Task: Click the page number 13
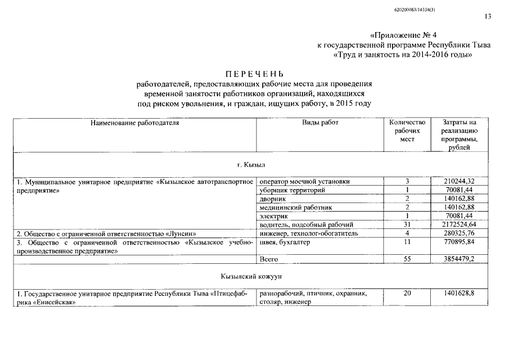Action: pos(488,16)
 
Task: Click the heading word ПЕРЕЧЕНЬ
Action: pos(255,74)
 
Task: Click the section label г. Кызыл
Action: pos(251,165)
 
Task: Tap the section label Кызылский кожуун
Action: pos(251,277)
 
